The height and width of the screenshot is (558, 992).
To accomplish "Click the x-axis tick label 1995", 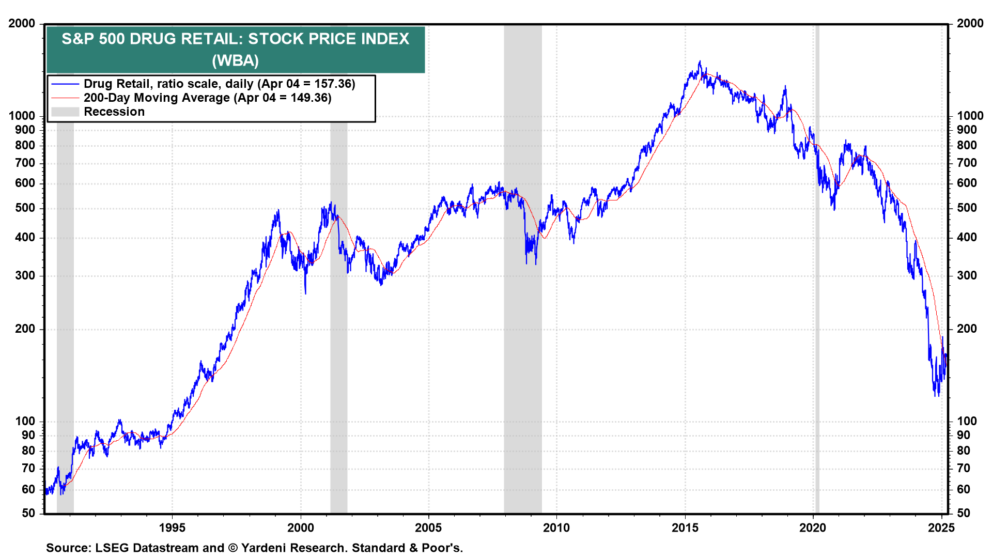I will coord(172,528).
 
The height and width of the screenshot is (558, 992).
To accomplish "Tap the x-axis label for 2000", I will coord(300,528).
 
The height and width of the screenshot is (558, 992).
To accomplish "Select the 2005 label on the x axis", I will coord(428,528).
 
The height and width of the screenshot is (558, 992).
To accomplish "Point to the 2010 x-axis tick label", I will coord(556,528).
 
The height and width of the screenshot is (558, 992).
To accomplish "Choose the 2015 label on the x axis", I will coord(685,528).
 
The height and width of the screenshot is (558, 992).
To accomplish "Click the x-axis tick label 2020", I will coord(813,528).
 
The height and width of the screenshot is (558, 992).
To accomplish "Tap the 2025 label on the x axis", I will coord(941,528).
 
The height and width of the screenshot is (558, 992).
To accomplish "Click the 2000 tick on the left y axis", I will coord(22,24).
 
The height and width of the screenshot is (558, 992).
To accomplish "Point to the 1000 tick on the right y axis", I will coord(970,116).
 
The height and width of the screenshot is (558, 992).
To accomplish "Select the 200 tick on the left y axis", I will coord(25,329).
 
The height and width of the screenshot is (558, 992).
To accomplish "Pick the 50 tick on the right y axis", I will coord(964,513).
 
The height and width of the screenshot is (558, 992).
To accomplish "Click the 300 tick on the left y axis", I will coord(25,275).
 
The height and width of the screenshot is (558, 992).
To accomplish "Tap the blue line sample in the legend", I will coord(65,84).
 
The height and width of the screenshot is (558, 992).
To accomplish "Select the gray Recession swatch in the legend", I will coord(65,112).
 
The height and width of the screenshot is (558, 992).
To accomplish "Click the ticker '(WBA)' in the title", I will coord(235,60).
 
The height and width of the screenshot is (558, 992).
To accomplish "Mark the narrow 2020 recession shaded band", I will coord(817,258).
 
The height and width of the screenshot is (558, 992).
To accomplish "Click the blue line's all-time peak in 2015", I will coord(700,61).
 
